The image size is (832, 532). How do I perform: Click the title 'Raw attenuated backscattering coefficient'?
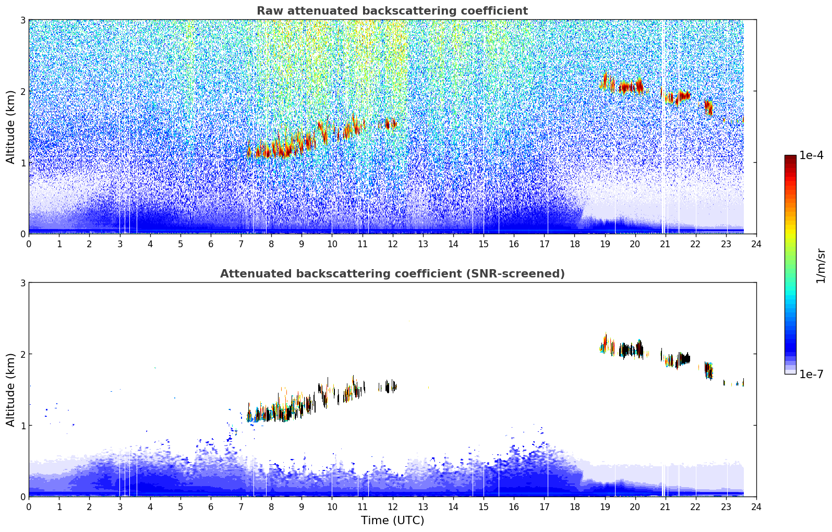click(x=392, y=11)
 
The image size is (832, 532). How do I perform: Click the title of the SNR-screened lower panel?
click(x=392, y=274)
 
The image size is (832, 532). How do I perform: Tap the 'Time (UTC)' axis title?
click(x=392, y=520)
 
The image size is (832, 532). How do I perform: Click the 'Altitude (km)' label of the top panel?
click(x=10, y=127)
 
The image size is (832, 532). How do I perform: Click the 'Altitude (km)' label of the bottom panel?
click(x=10, y=390)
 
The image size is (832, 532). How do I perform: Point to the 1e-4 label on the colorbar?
click(x=811, y=155)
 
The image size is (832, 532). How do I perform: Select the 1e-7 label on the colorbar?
click(x=811, y=374)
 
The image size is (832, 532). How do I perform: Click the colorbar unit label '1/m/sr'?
click(x=821, y=266)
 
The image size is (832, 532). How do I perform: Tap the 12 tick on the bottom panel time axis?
click(x=392, y=506)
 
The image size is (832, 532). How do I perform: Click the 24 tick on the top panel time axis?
click(x=756, y=244)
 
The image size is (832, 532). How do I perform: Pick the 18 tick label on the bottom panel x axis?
click(x=574, y=506)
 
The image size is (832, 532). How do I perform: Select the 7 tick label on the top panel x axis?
click(x=241, y=244)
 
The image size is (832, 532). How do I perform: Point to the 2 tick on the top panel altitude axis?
click(x=22, y=91)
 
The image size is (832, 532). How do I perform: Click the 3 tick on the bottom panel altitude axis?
click(x=22, y=283)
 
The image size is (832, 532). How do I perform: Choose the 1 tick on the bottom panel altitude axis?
click(x=22, y=426)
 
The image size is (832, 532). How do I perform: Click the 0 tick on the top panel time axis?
click(x=29, y=244)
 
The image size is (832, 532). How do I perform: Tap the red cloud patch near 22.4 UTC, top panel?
click(x=708, y=107)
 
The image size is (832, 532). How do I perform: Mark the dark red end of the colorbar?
click(x=790, y=158)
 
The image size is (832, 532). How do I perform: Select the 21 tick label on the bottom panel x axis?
click(x=665, y=506)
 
